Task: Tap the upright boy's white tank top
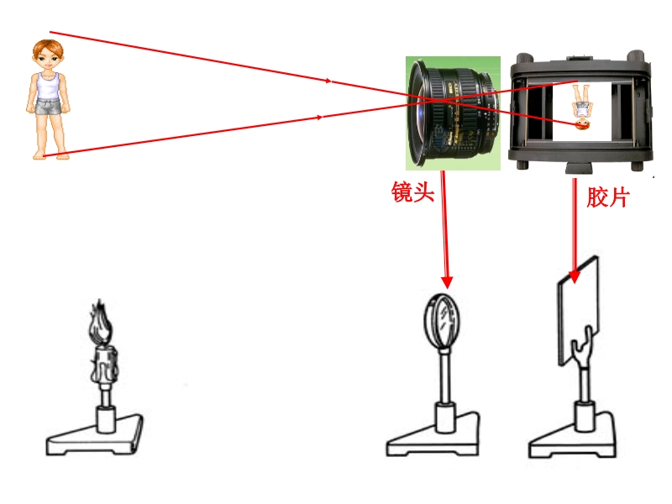48,86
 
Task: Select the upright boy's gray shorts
48,107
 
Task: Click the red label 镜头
412,192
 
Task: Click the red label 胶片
607,197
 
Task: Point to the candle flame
100,322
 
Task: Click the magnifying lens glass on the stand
443,320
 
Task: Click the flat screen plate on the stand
579,311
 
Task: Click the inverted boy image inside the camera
581,108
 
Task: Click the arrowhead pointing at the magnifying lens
447,282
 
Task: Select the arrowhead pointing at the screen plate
574,277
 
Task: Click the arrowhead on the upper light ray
328,81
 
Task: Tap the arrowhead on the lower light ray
319,117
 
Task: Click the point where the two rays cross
438,101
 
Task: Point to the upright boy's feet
51,155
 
